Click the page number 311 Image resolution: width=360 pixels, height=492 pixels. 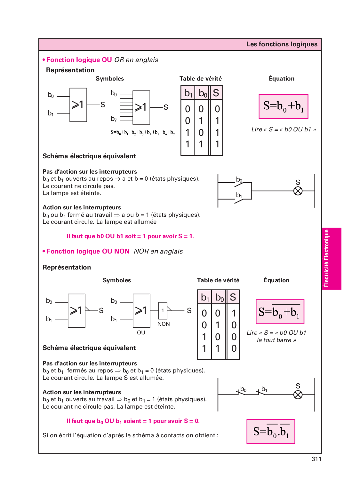[316, 459]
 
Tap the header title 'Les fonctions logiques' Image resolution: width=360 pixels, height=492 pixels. [282, 44]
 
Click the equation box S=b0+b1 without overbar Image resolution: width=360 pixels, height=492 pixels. [283, 106]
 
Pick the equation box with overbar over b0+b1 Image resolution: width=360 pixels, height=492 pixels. [280, 312]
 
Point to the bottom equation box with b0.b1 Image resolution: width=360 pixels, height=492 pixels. [271, 431]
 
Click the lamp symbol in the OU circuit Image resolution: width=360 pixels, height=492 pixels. [298, 191]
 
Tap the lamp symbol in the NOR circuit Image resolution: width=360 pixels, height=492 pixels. [298, 395]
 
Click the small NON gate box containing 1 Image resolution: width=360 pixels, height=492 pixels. [163, 310]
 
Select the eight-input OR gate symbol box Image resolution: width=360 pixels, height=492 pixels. [141, 107]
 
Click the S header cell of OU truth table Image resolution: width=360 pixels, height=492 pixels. [216, 93]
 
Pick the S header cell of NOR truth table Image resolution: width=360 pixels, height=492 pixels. [233, 297]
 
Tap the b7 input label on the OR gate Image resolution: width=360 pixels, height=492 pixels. [114, 119]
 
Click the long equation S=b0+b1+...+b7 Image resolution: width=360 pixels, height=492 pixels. [143, 132]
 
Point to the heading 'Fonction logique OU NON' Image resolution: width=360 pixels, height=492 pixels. [88, 251]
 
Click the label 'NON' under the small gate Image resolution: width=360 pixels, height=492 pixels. [164, 324]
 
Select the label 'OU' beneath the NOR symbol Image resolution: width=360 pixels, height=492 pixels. [141, 332]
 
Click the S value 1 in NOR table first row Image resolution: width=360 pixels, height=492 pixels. [234, 313]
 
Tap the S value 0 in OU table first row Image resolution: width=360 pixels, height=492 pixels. [217, 109]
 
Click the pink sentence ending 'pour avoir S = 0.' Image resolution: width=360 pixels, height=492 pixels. [133, 421]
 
